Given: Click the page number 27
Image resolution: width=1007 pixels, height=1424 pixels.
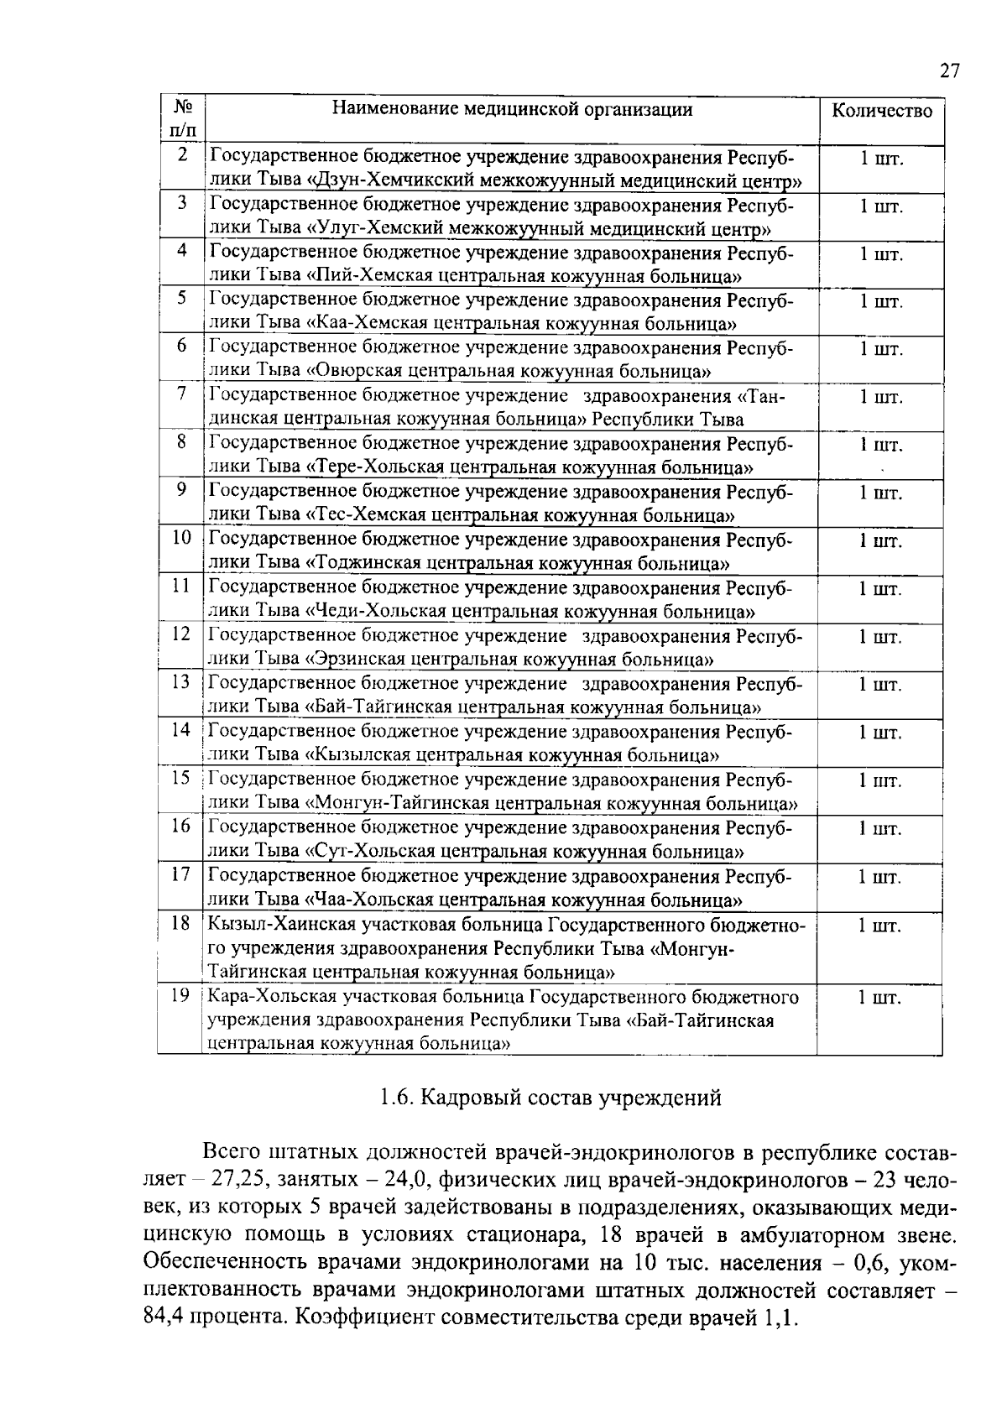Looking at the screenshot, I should click(948, 70).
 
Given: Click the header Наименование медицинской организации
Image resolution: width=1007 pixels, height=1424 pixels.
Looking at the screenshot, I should click(512, 109).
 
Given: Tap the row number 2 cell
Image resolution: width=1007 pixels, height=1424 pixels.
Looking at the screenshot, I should click(182, 156).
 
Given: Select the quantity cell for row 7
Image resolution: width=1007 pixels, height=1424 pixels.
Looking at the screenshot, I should click(880, 398).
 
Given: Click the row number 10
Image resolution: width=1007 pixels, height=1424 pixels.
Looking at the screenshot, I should click(182, 538).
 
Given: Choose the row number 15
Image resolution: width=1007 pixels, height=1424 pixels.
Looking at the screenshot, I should click(182, 778).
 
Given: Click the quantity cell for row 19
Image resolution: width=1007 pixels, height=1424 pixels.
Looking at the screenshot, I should click(880, 999).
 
